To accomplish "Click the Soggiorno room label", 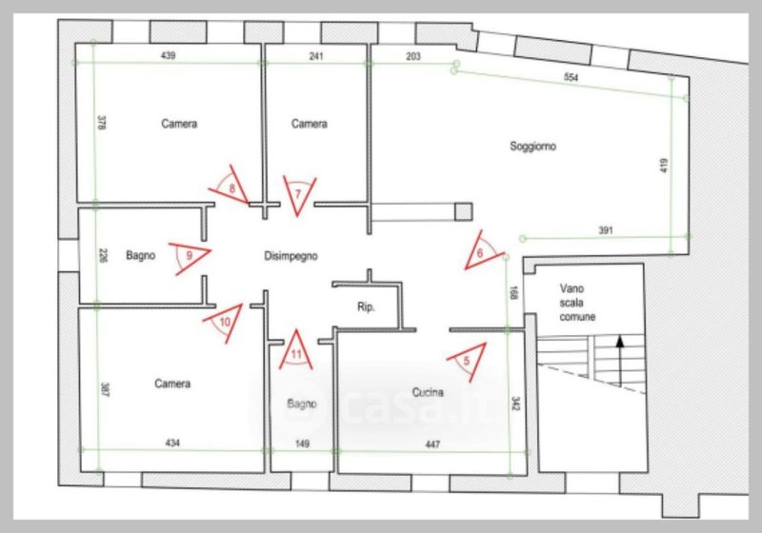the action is [x=532, y=147].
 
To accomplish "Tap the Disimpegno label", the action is [x=291, y=256].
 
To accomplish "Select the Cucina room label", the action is [x=428, y=392].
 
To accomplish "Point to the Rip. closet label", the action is [x=366, y=306].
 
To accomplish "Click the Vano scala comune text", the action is [x=577, y=303].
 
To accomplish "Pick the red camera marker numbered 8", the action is [x=229, y=186].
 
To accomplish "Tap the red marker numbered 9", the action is [x=190, y=257].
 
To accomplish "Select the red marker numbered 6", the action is [x=482, y=250].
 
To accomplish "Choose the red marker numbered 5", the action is [x=468, y=361].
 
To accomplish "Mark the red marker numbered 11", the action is [x=296, y=351].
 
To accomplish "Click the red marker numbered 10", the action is [x=224, y=322].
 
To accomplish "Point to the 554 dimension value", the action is [x=571, y=77].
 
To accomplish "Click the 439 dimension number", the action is [x=168, y=55].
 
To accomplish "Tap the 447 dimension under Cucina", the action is [x=432, y=444].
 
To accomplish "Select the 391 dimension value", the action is [x=606, y=230].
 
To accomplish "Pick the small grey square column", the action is [x=464, y=211].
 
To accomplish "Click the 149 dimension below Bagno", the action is [x=302, y=444].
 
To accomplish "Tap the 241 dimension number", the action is [x=316, y=56].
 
